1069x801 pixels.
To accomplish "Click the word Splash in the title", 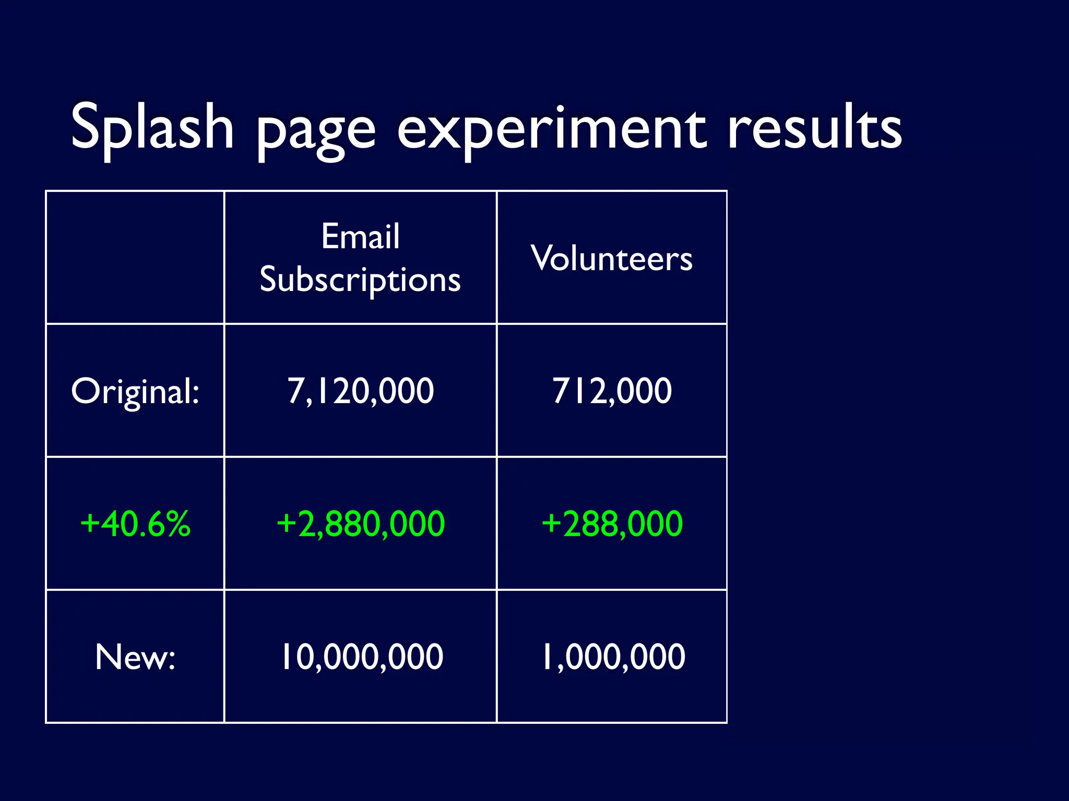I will (152, 127).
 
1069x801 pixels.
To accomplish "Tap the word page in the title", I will (316, 130).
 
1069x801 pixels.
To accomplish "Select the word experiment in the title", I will (552, 130).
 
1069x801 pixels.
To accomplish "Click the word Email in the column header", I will (360, 237).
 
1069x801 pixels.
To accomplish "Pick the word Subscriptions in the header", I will (360, 280).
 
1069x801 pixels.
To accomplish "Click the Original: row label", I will (135, 391).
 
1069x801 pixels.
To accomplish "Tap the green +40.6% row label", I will (135, 524).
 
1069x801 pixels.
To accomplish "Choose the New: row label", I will (135, 657).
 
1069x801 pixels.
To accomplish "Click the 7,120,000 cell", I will (360, 391).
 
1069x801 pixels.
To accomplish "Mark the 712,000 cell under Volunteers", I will (611, 391).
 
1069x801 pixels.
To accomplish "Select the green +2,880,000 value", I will (360, 524).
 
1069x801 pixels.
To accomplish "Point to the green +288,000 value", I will (611, 524).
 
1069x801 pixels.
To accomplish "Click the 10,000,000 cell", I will (361, 657).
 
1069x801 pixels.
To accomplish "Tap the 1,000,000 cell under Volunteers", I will (612, 657).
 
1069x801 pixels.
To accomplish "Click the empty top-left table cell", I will (135, 258).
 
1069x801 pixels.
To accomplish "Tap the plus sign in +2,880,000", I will (287, 523).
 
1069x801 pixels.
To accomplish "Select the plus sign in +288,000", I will (551, 523).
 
